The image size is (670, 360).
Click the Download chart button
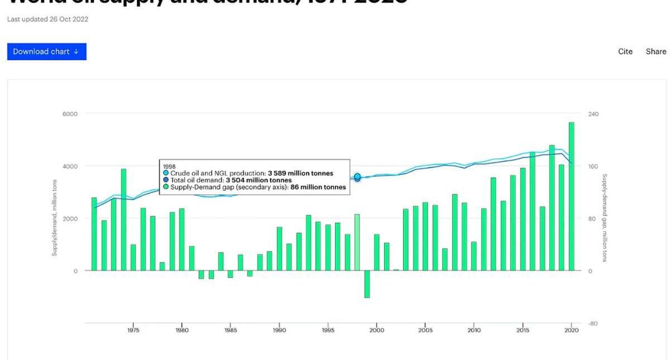46,51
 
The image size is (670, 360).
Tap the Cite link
625,51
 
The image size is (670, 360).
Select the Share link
656,51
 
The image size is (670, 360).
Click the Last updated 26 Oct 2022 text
47,19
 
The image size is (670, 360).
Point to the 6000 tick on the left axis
70,114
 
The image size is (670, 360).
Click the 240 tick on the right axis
593,114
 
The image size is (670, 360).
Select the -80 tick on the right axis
592,324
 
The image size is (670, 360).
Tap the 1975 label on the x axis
133,330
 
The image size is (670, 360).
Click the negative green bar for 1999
367,284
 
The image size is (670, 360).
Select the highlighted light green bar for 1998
357,242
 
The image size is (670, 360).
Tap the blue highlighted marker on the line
357,177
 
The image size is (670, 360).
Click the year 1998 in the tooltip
169,166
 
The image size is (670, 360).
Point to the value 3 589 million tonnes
300,174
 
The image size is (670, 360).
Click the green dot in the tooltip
166,188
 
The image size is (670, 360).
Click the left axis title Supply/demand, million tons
55,218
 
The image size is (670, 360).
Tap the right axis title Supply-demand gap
604,218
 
